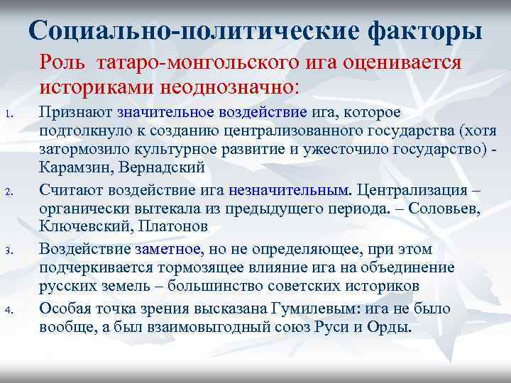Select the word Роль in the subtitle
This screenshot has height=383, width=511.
pos(62,62)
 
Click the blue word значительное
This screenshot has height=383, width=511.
pos(165,113)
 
